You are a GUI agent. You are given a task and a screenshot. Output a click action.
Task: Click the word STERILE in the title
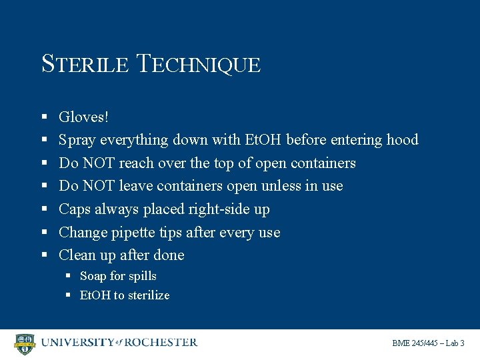tap(85, 64)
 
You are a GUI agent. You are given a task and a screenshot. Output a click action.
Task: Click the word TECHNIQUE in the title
tap(198, 64)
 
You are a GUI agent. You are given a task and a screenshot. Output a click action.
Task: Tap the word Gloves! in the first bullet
tap(83, 117)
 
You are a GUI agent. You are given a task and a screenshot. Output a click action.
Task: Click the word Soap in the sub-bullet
tap(93, 276)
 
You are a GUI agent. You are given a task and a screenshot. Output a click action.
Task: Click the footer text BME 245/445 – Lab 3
tap(428, 343)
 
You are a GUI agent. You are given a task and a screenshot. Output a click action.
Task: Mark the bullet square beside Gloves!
tap(44, 117)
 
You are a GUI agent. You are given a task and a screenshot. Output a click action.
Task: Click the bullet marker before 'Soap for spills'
tap(69, 276)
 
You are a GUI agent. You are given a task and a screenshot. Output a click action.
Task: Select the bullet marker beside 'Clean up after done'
tap(44, 255)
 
